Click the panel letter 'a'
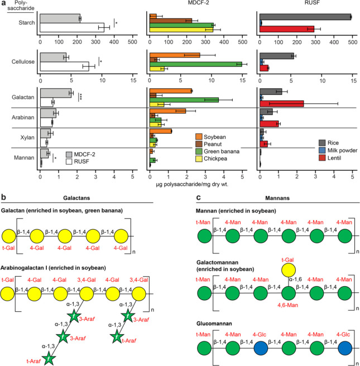point(3,3)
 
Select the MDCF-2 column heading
point(195,5)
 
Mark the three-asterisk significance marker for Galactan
point(81,97)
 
